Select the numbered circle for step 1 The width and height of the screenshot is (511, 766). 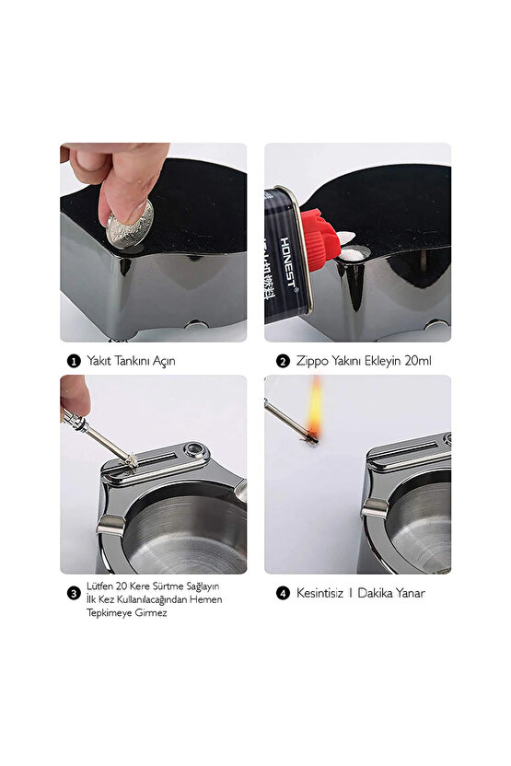70,361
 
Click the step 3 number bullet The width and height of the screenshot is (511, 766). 72,593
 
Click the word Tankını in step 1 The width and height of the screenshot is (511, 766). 126,361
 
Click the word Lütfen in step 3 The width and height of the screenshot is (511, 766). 98,586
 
